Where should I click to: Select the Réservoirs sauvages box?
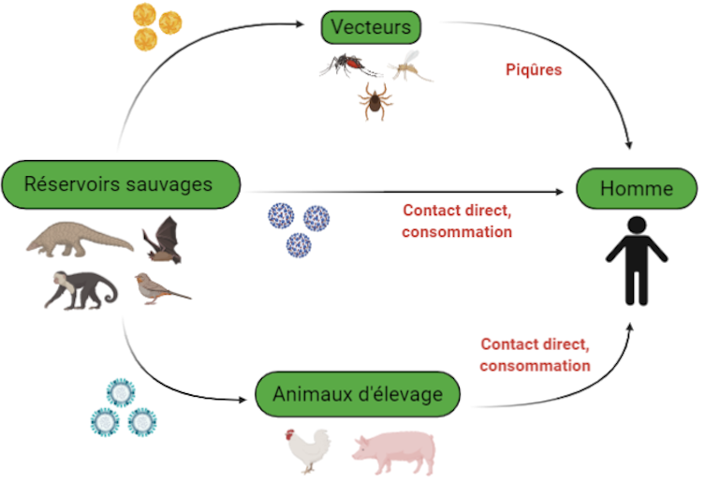pos(119,183)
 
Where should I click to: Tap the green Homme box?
pos(636,189)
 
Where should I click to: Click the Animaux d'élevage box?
pos(357,394)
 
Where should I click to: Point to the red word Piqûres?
pos(533,69)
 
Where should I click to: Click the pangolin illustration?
pos(79,241)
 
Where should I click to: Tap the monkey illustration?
pos(79,289)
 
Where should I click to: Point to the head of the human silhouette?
pos(636,226)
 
